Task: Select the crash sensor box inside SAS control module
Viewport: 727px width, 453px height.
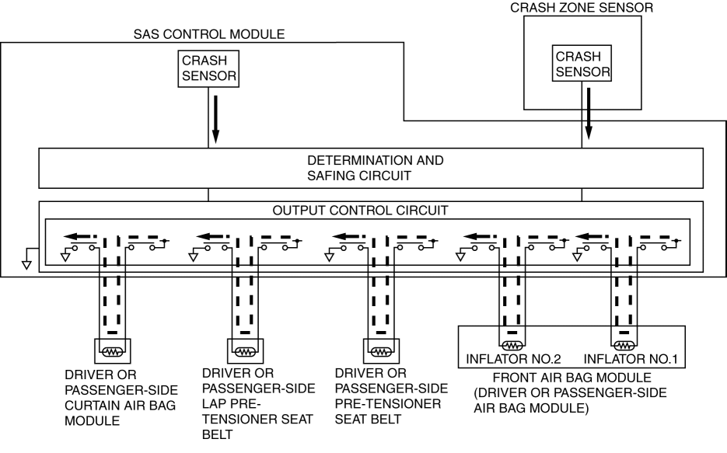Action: click(208, 68)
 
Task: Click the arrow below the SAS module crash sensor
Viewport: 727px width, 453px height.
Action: click(215, 124)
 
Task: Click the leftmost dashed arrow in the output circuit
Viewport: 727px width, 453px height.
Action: click(80, 235)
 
